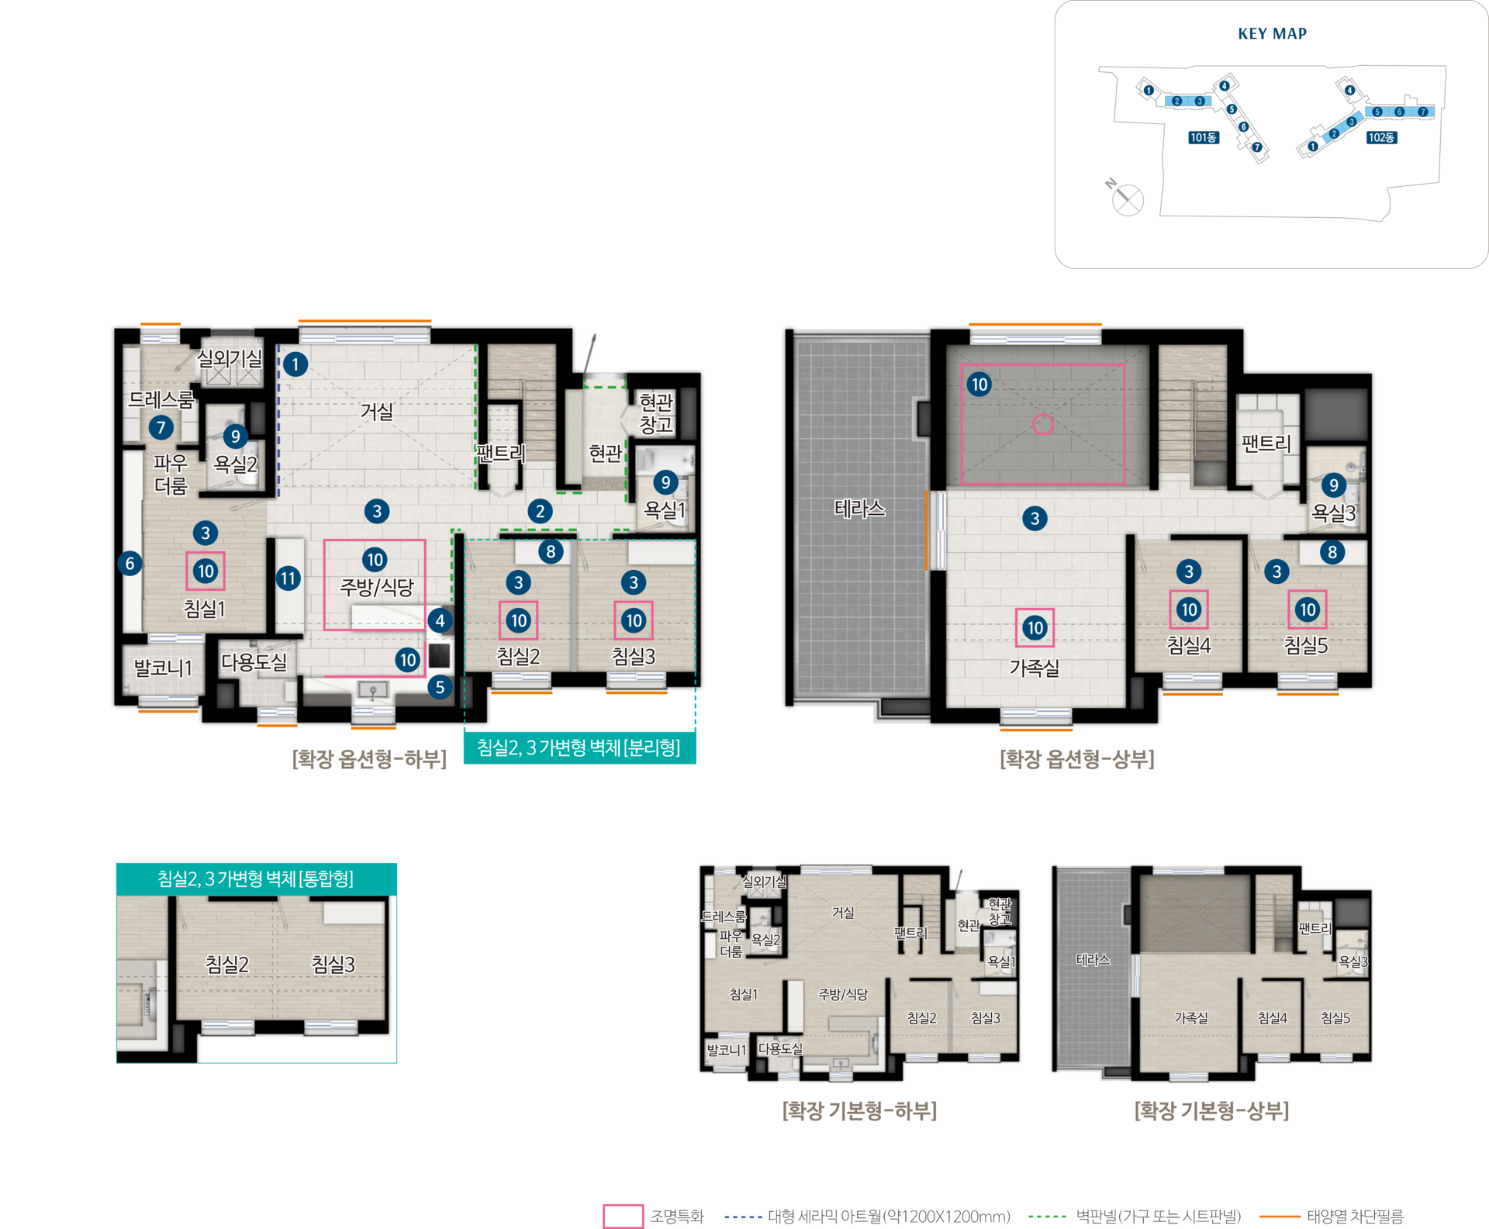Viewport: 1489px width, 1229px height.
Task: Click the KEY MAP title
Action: pos(1272,33)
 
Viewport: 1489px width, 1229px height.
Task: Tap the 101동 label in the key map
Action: pos(1204,137)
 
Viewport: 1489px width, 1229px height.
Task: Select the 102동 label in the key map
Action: pos(1381,137)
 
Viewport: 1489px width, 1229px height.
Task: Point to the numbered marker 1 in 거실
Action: pos(295,364)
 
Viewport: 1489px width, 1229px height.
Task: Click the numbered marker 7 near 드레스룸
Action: pos(161,427)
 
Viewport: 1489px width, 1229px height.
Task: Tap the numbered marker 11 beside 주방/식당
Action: pos(288,578)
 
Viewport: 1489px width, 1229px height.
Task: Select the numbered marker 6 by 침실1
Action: pos(130,564)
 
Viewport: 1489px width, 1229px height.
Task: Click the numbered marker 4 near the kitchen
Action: pos(440,620)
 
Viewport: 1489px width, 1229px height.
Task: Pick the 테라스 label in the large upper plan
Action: pos(859,509)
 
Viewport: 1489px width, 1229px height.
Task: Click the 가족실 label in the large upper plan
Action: pos(1035,668)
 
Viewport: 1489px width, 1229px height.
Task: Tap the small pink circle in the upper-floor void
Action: pos(1043,424)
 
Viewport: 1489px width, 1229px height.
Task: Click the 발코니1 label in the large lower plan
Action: pos(163,668)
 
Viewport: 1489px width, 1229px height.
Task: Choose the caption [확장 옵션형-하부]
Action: pos(369,759)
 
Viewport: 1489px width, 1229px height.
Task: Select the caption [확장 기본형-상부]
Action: pos(1211,1111)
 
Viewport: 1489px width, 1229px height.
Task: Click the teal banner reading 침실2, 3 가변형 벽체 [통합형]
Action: pos(256,879)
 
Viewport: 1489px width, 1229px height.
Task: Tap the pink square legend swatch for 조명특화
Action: pos(623,1216)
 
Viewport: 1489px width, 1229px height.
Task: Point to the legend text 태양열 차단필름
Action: pos(1355,1217)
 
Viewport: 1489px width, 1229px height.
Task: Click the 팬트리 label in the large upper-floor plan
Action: pos(1266,444)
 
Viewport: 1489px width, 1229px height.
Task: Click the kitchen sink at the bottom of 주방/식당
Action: pos(373,690)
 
